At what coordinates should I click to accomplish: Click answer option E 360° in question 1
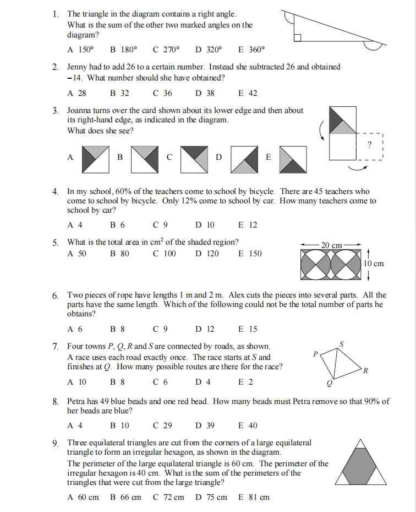point(251,49)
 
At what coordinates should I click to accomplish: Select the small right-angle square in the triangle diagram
point(297,37)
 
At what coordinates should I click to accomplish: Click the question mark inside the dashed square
point(369,144)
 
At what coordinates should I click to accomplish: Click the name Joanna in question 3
point(80,110)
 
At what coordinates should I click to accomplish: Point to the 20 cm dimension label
point(332,245)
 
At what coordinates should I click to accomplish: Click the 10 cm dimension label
point(374,263)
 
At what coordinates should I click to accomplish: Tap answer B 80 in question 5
point(119,254)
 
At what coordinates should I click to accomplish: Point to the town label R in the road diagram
point(365,370)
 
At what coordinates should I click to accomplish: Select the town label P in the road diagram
point(315,354)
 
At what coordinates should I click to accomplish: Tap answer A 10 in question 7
point(76,381)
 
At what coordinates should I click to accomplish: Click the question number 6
point(56,296)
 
